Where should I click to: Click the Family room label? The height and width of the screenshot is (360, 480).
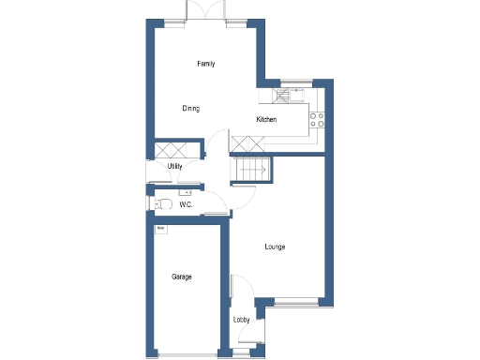tap(205, 64)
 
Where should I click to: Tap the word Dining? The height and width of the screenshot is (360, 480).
tap(190, 109)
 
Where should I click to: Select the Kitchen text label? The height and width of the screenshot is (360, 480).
tap(266, 119)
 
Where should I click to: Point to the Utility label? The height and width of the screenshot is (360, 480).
tap(174, 167)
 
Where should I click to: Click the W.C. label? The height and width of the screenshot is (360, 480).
tap(186, 203)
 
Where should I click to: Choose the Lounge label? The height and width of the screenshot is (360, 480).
tap(275, 247)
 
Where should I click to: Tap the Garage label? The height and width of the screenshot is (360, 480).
tap(182, 277)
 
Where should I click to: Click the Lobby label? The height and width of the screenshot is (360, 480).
tap(241, 321)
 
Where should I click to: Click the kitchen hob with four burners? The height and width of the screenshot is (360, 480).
tap(317, 119)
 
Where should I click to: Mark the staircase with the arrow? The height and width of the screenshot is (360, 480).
tap(251, 170)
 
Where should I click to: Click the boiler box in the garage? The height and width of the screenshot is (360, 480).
tap(161, 228)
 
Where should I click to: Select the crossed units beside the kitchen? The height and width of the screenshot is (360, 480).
tap(245, 143)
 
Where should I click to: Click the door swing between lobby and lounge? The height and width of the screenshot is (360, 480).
tap(239, 286)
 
